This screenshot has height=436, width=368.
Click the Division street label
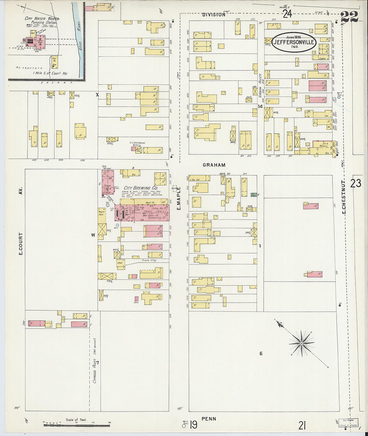[x=214, y=15]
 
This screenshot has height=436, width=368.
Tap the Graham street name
[x=214, y=165]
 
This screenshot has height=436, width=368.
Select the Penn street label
[x=209, y=419]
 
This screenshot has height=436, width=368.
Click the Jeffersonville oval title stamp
[x=294, y=42]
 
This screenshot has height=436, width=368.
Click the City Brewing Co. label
[x=141, y=188]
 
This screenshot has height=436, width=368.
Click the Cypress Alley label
[x=95, y=370]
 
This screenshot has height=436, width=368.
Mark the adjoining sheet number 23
[x=356, y=183]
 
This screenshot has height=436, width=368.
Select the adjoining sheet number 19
[x=194, y=425]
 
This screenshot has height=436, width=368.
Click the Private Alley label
[x=150, y=260]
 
